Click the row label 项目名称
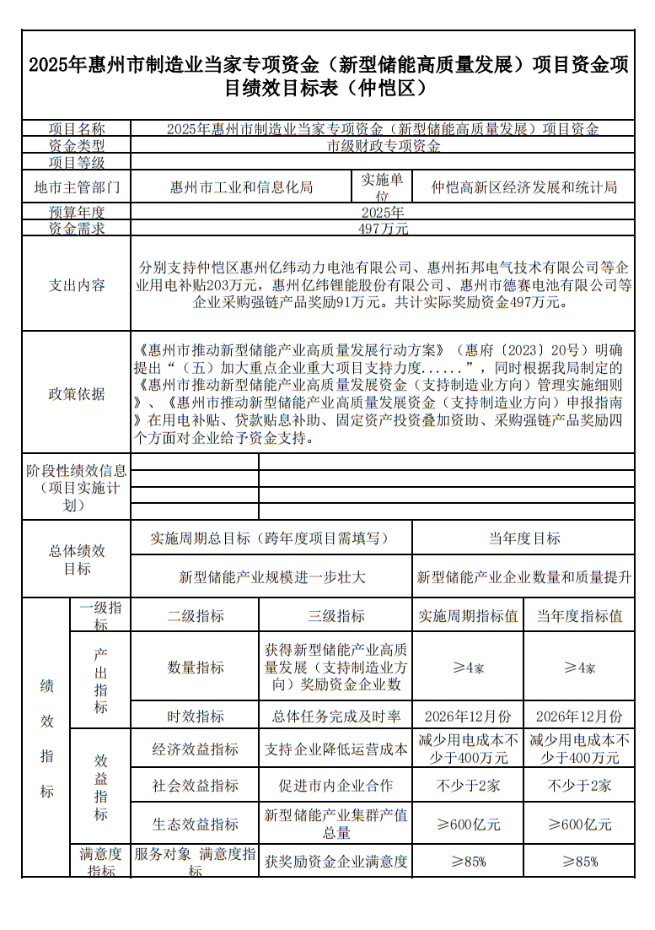(77, 129)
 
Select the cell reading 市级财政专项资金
(384, 145)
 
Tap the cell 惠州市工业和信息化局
(241, 187)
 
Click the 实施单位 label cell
(383, 187)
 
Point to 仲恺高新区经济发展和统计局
(523, 187)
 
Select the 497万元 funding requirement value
(384, 228)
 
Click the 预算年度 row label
(77, 212)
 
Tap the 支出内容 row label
(77, 285)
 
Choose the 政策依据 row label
(77, 393)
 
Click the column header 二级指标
(196, 616)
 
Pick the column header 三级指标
(336, 616)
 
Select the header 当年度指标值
(579, 616)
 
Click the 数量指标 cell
(196, 667)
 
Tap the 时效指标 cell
(196, 716)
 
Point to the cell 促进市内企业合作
(336, 785)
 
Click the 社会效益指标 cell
(196, 785)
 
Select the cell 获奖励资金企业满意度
(336, 862)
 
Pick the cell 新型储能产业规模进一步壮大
(272, 577)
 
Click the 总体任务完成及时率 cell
(336, 716)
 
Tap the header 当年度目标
(523, 538)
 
